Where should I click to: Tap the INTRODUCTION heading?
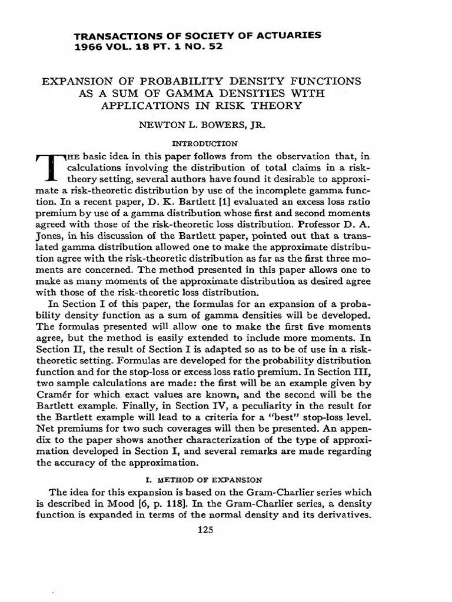tap(204, 143)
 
